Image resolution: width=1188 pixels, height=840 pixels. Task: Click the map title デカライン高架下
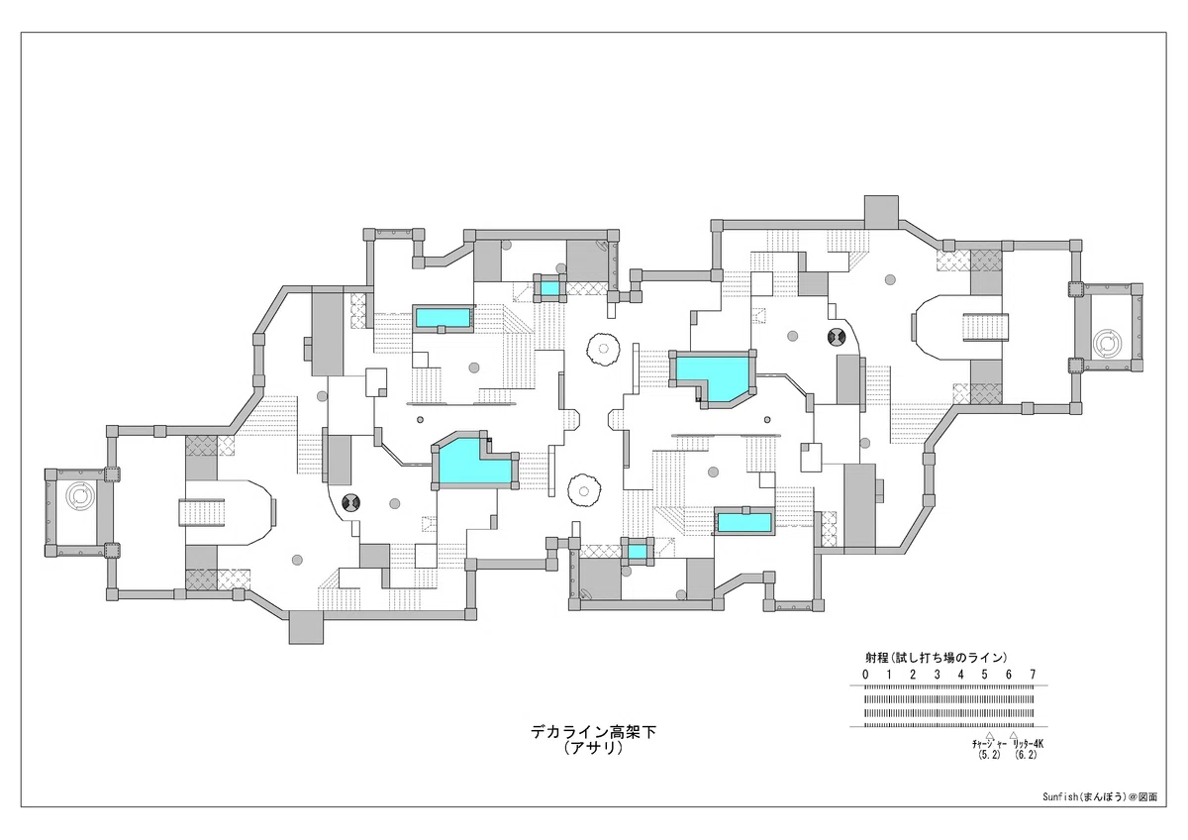coord(593,732)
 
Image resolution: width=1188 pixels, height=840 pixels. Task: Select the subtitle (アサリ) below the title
coord(593,749)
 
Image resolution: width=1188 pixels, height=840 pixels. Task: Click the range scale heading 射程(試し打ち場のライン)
coord(937,658)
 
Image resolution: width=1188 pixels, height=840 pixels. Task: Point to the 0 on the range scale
coord(865,675)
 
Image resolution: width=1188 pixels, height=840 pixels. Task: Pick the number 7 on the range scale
coord(1033,675)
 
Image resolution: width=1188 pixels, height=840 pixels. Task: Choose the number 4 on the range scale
coord(960,675)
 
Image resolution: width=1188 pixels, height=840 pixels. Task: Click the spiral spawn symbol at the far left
coord(79,495)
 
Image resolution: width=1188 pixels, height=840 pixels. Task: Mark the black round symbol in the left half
coord(351,501)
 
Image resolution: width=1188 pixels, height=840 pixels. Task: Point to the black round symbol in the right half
coord(837,337)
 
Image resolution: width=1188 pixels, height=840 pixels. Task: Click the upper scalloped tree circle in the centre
coord(603,349)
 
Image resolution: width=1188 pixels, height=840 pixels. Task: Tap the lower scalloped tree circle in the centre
coord(584,491)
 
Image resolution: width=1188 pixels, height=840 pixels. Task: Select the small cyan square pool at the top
coord(549,288)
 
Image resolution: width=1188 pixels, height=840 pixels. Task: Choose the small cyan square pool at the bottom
coord(637,552)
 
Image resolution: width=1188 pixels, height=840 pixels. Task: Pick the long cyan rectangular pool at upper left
coord(443,318)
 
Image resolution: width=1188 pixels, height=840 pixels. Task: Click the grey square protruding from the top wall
coord(881,212)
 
